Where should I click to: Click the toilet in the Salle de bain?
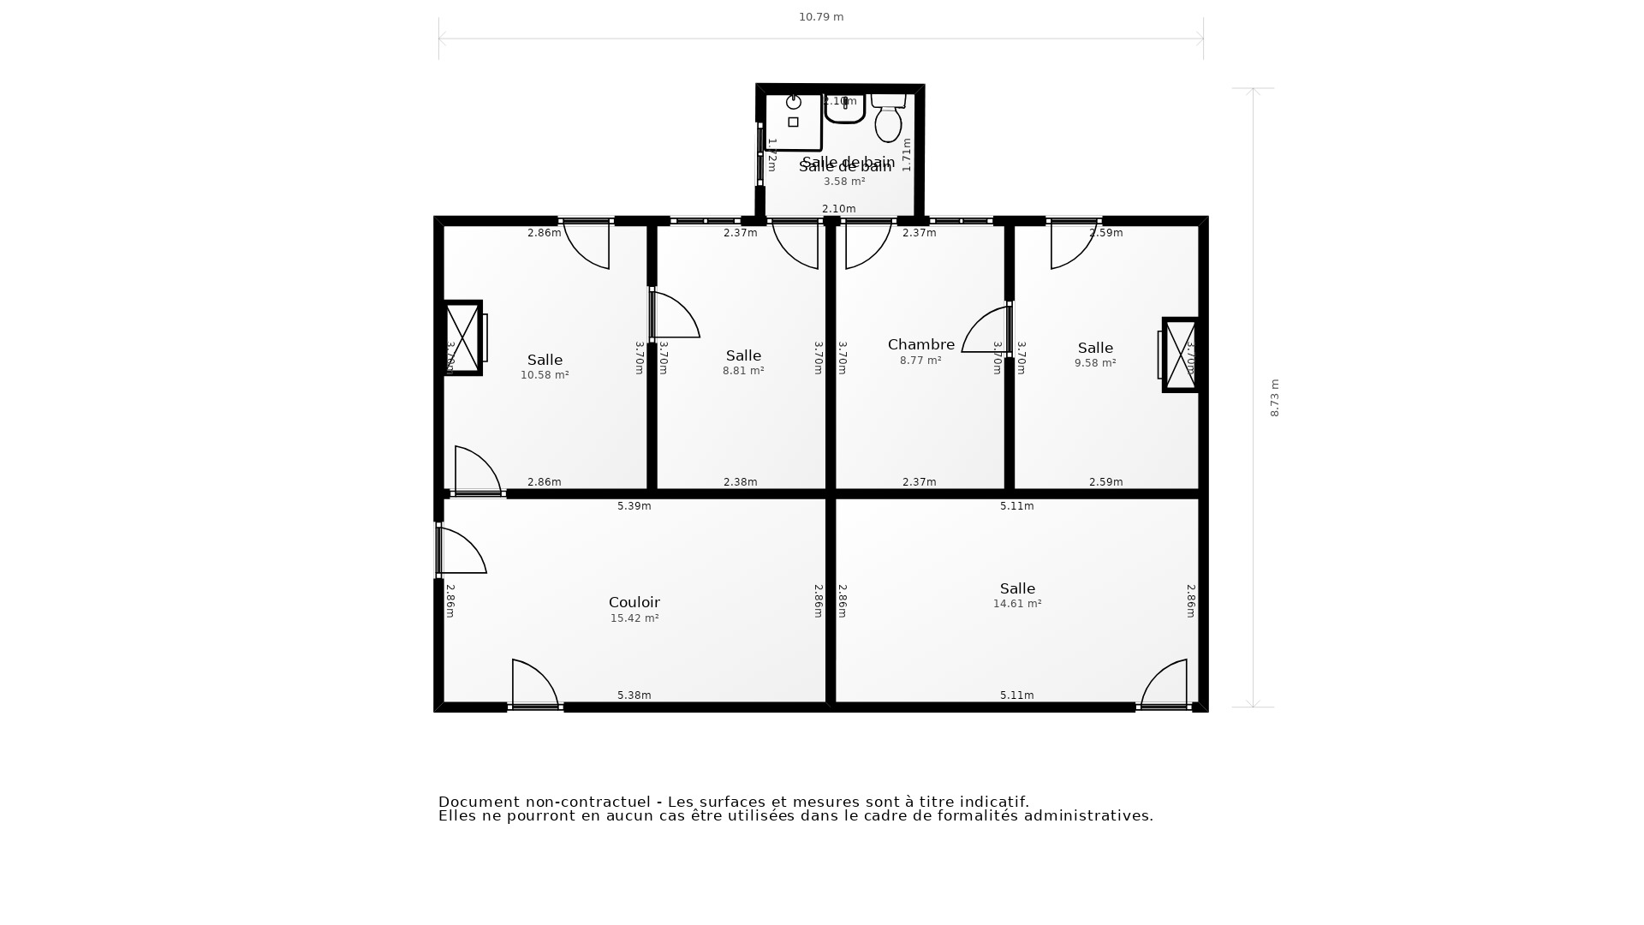click(x=888, y=121)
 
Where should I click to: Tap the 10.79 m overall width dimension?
click(x=821, y=17)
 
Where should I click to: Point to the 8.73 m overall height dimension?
click(x=1274, y=398)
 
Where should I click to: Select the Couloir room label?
click(x=634, y=602)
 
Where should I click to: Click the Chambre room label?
click(x=920, y=344)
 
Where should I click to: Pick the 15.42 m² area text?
click(x=634, y=618)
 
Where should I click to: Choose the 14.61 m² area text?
click(x=1016, y=604)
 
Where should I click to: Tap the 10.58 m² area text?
click(x=545, y=375)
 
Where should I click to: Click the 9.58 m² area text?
click(x=1095, y=363)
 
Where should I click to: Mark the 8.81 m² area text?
click(x=743, y=371)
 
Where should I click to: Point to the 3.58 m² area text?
click(x=844, y=182)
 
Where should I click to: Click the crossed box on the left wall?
click(x=462, y=337)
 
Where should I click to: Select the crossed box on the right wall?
click(x=1181, y=355)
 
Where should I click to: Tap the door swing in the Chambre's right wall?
click(x=987, y=331)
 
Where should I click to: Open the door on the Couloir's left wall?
click(x=461, y=552)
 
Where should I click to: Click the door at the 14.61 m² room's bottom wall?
click(x=1164, y=684)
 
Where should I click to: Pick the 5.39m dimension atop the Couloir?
click(x=634, y=506)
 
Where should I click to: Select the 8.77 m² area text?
click(x=920, y=361)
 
